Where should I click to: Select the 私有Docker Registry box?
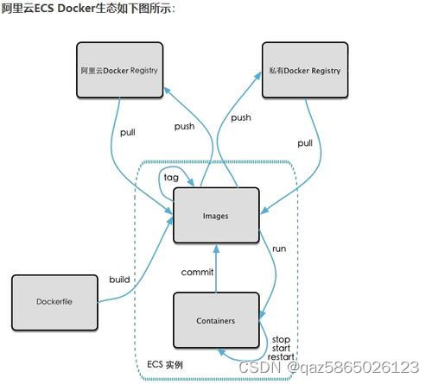coord(304,70)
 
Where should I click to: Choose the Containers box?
coord(216,320)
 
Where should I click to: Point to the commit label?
coord(196,272)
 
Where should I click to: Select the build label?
coord(119,279)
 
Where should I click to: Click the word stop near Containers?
coord(280,339)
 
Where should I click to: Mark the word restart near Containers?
coord(281,356)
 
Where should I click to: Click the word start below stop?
coord(280,348)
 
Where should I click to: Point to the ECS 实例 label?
coord(163,365)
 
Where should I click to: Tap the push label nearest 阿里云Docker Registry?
coord(184,126)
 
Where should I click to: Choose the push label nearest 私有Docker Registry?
coord(241,117)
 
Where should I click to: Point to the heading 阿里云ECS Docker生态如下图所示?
coord(89,9)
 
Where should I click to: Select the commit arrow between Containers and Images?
coord(216,268)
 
